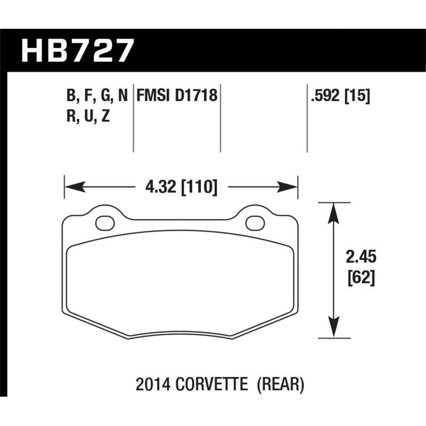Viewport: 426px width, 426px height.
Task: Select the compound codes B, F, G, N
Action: [96, 96]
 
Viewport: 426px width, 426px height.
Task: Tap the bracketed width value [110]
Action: [199, 187]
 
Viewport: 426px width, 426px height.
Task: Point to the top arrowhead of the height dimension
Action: [333, 210]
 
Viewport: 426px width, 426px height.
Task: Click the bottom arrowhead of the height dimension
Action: [333, 329]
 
